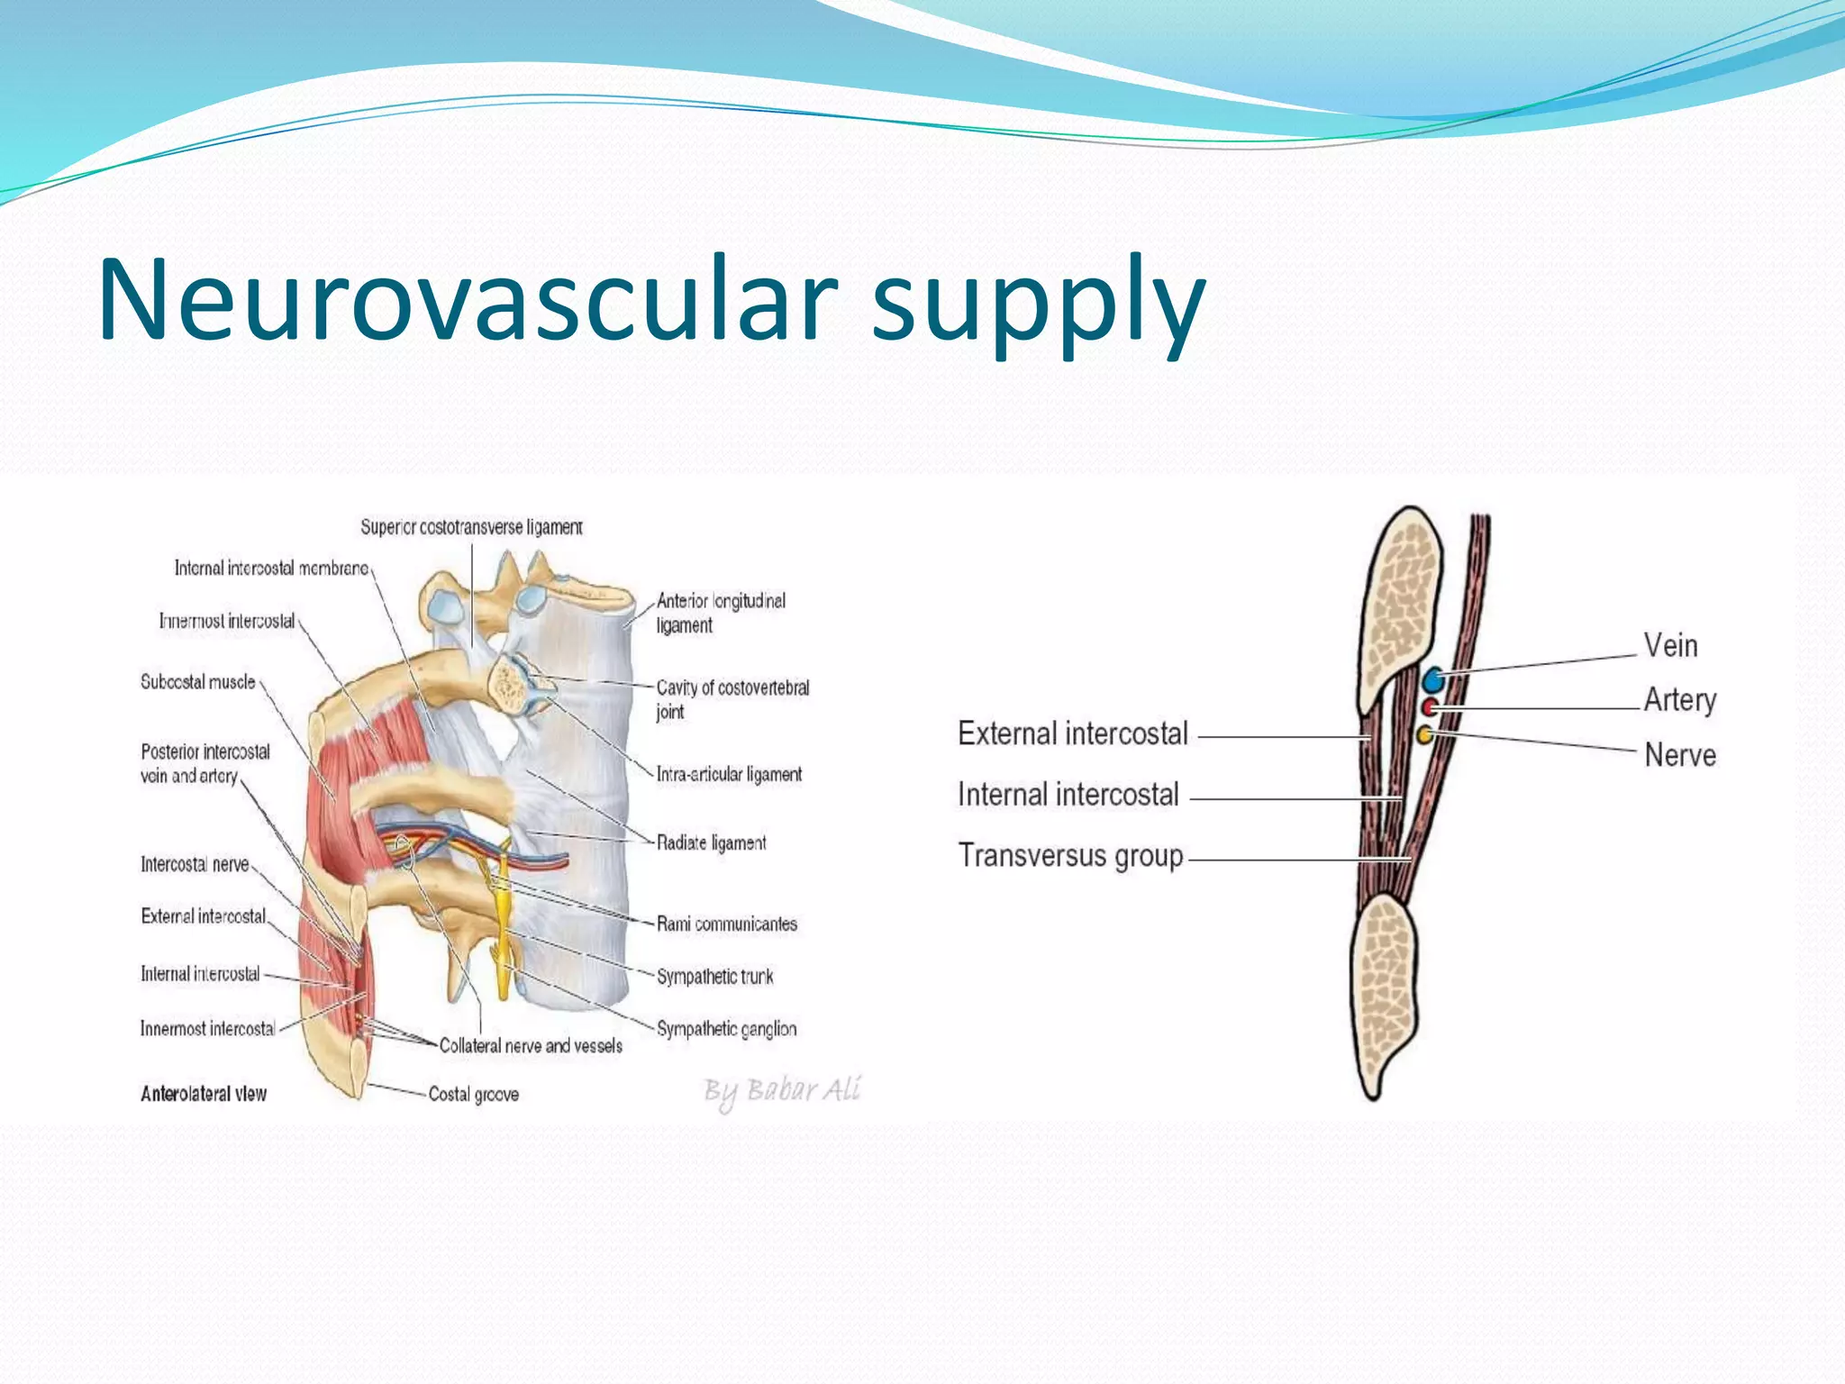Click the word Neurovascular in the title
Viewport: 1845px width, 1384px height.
pos(468,299)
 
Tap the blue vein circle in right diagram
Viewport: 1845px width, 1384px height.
pos(1433,679)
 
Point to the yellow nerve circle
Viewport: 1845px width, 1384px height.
pos(1425,735)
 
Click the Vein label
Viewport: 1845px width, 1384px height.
pos(1671,646)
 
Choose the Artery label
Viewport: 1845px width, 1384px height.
pos(1680,700)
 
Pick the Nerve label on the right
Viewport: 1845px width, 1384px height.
pos(1680,755)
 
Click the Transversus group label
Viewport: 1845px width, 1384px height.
pos(1070,855)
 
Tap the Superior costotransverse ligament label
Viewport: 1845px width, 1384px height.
pos(471,527)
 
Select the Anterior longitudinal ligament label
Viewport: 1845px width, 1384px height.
pos(721,613)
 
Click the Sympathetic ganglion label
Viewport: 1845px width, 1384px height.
pos(726,1029)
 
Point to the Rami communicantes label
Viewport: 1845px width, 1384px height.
pos(726,924)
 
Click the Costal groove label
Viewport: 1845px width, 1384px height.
pos(473,1095)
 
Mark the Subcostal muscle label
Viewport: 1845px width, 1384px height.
pos(197,682)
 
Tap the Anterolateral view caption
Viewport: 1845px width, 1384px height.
pos(204,1094)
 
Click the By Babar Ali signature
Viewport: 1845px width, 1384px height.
pos(782,1091)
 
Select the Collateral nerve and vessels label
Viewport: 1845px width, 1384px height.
pos(531,1046)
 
